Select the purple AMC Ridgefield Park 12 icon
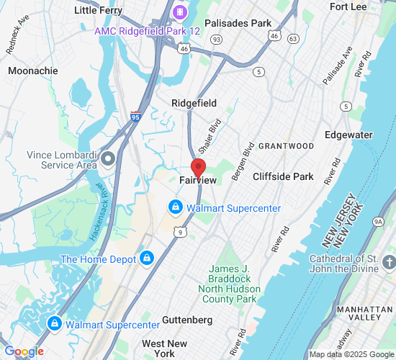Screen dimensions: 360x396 point(179,12)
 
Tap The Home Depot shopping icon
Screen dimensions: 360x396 point(147,258)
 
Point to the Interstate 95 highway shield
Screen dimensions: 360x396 point(136,116)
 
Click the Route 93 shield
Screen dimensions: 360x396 point(217,39)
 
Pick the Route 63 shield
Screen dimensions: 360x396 point(292,37)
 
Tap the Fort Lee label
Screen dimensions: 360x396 point(348,6)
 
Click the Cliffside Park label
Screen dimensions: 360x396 point(283,176)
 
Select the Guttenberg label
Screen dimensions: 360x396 point(187,319)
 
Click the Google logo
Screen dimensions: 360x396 point(23,351)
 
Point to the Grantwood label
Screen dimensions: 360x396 point(286,146)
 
